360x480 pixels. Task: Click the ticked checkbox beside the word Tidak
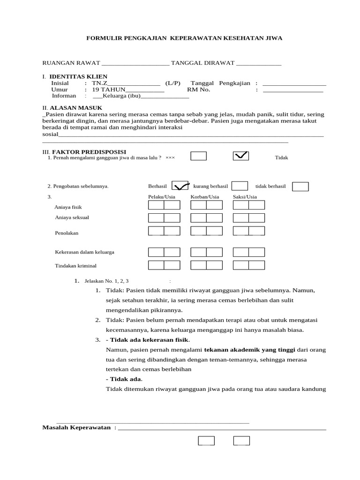coord(241,157)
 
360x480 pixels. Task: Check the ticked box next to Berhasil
coord(180,186)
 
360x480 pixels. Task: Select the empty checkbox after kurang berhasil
coord(240,186)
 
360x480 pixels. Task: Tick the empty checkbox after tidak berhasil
coord(300,187)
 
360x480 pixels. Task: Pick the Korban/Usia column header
coord(205,197)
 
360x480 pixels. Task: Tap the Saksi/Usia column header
coord(245,197)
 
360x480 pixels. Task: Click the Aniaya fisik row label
coord(68,207)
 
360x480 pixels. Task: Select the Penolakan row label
coord(67,232)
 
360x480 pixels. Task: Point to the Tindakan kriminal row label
coord(75,266)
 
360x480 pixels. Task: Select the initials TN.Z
coord(99,82)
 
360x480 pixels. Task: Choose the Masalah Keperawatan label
coord(76,427)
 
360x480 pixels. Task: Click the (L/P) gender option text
coord(172,82)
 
